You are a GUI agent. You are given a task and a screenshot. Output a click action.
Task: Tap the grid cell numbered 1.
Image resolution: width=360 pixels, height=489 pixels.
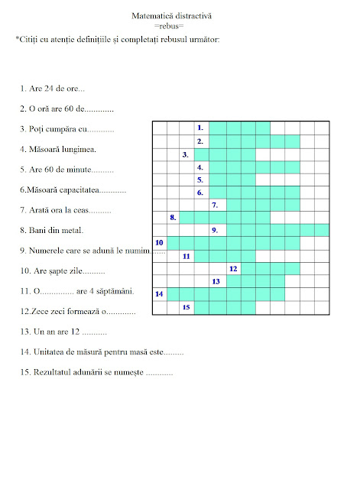[201, 128]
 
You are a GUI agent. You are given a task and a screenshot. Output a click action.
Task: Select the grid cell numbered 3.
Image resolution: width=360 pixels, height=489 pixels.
[187, 154]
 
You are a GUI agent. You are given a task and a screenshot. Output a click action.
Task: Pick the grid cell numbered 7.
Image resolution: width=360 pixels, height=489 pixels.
[216, 205]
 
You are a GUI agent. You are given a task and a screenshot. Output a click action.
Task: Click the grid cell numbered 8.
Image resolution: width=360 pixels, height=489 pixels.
[174, 218]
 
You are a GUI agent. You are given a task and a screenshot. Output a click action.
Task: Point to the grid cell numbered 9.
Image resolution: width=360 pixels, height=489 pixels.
[216, 230]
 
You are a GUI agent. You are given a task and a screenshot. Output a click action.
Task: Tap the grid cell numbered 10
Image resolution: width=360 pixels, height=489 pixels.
[160, 243]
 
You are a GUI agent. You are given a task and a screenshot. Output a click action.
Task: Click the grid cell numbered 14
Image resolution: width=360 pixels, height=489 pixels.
[160, 293]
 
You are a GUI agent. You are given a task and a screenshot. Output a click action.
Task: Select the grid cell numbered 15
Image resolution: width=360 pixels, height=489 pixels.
[186, 306]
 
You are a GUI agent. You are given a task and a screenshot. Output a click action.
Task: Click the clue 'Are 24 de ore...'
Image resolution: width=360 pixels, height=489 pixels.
[54, 89]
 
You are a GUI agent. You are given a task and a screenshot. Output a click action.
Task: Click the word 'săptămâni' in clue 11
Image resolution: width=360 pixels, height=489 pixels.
[115, 290]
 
